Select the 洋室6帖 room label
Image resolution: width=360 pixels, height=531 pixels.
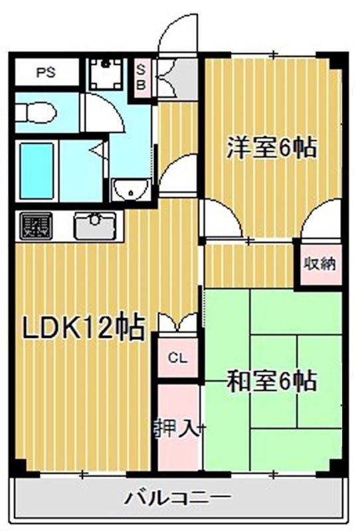pos(271,148)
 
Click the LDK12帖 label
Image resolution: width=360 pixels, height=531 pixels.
pos(84,327)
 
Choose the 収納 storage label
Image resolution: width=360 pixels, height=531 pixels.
pos(319,264)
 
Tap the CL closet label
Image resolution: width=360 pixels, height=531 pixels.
pos(177,358)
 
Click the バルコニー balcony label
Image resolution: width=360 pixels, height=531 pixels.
pos(178,497)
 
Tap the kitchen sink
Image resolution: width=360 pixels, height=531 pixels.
pos(94,226)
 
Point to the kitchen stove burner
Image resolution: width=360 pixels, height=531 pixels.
pos(36,226)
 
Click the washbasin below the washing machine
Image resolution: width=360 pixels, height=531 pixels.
pos(132,190)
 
